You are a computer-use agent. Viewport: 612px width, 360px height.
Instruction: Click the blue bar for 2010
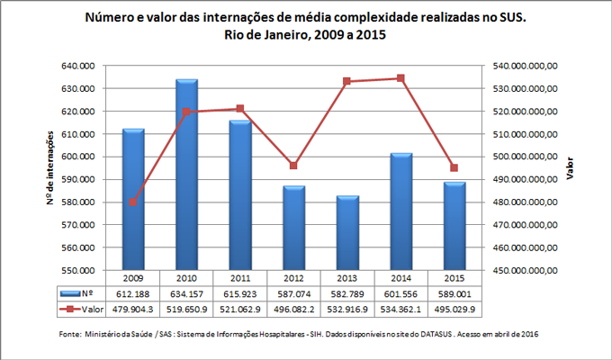186,175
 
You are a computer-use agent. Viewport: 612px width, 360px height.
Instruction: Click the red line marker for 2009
133,202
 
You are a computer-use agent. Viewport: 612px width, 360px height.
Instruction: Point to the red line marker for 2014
400,78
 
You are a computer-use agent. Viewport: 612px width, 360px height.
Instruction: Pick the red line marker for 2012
293,166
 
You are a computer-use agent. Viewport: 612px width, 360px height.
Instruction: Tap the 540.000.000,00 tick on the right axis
521,67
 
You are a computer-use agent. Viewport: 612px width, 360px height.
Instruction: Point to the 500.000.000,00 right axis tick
521,157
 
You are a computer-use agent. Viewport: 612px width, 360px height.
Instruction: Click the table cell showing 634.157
186,293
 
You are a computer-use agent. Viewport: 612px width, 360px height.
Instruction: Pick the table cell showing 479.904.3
133,310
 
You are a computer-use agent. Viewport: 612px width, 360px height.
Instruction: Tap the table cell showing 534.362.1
400,310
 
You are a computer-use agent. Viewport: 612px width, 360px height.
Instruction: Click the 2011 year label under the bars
240,277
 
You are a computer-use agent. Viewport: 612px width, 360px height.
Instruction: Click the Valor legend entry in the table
79,310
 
